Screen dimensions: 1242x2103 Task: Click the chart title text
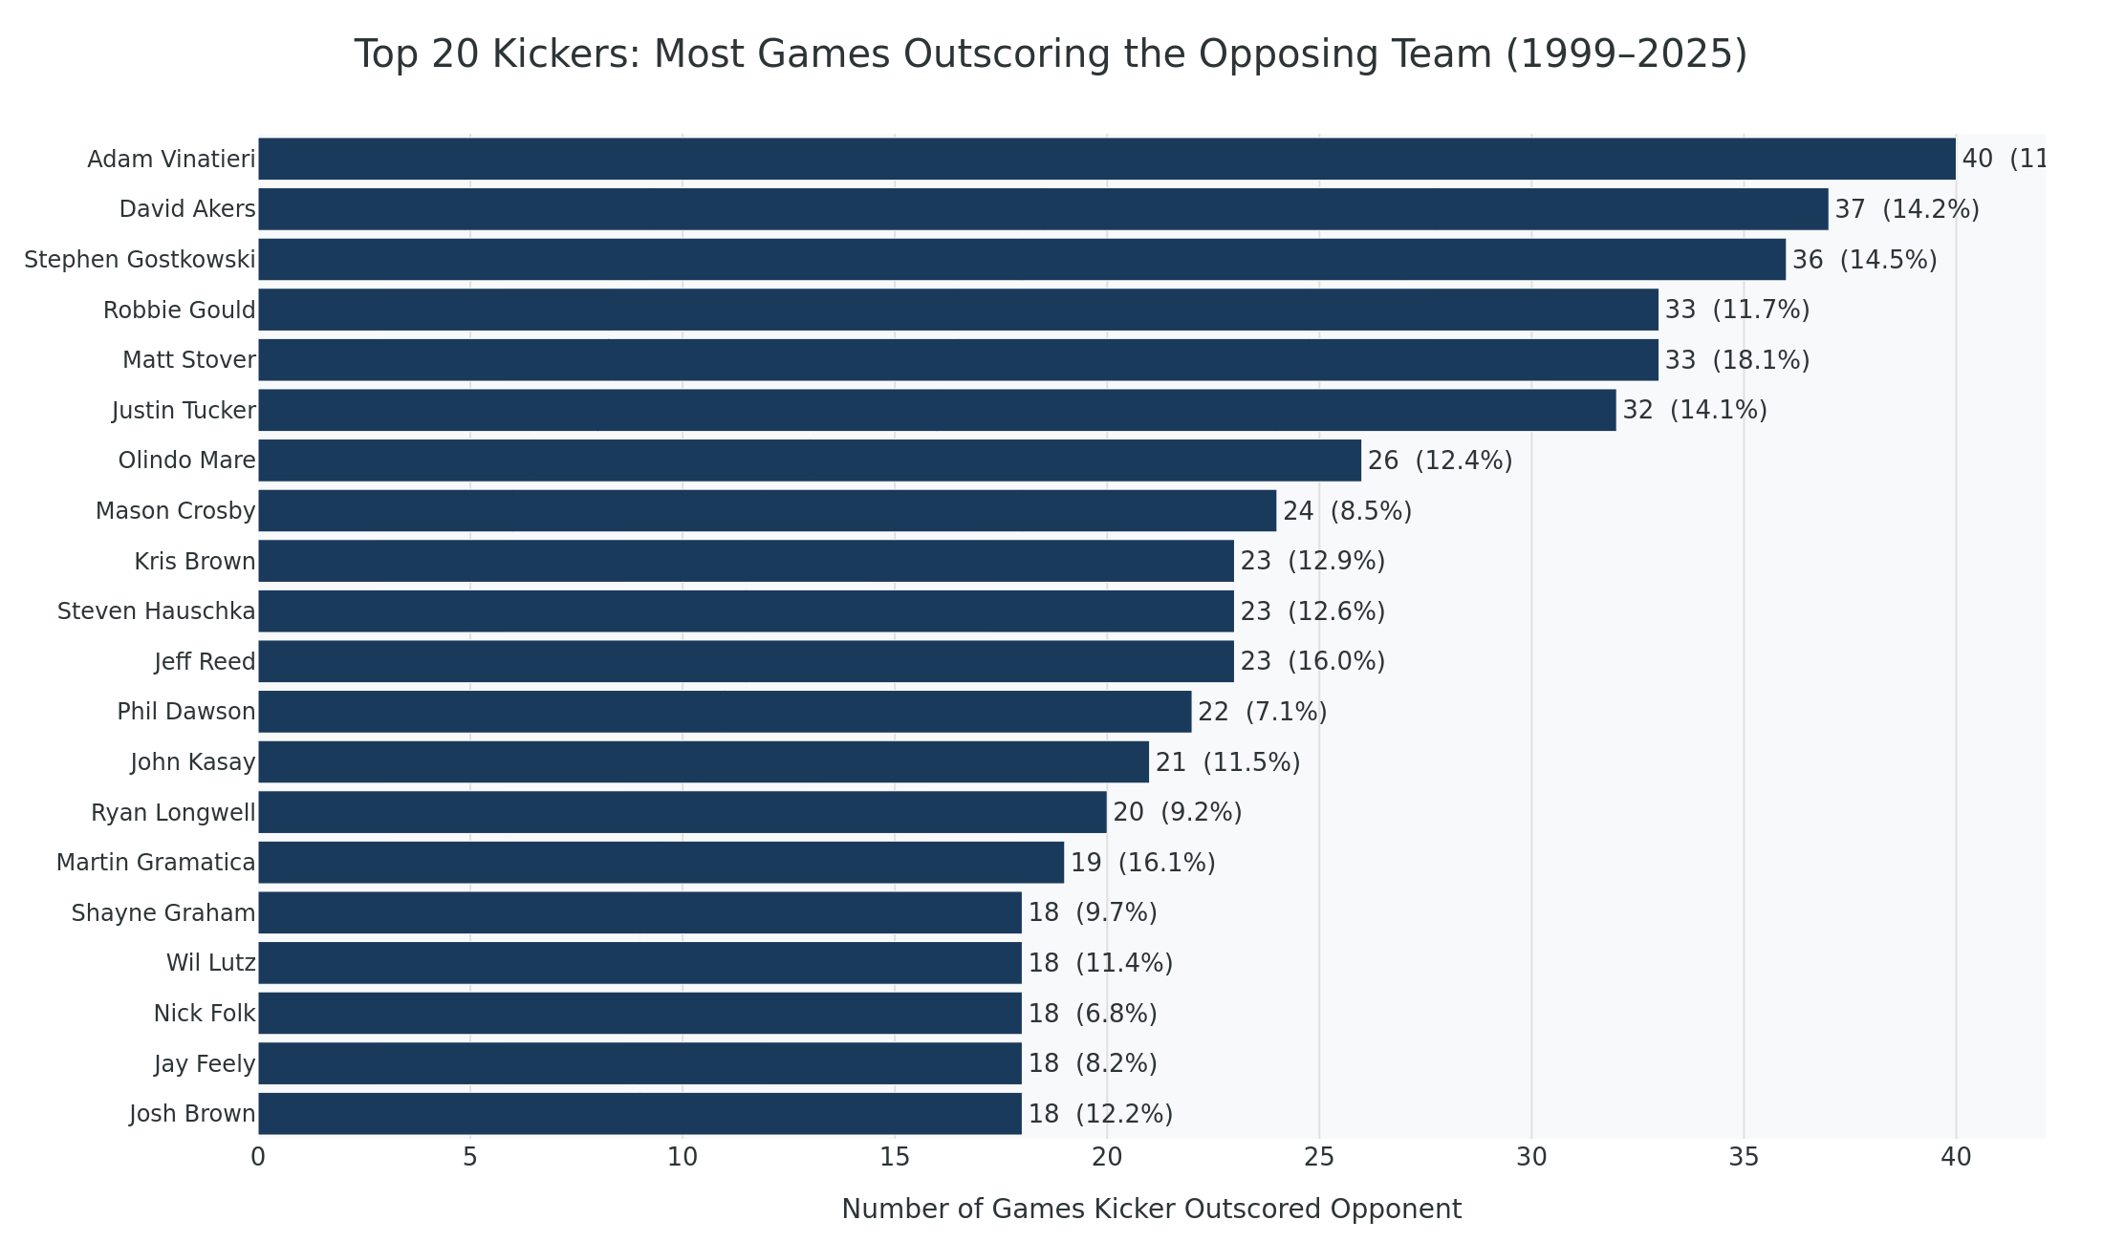point(1050,54)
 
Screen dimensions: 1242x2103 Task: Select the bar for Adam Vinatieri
point(1106,159)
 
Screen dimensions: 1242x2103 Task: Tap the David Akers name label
point(187,209)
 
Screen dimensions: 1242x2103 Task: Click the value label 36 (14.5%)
point(1863,260)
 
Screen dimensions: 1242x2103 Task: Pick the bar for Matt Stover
point(958,360)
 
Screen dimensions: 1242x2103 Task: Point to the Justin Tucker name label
point(184,411)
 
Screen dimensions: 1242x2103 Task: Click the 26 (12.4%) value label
point(1439,461)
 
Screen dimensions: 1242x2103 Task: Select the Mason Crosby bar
point(767,511)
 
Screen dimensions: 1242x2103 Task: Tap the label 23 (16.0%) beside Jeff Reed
point(1312,661)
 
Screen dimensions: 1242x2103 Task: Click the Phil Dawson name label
point(186,712)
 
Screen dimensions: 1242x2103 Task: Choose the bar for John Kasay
point(704,762)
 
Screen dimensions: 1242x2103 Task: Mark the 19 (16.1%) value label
point(1142,863)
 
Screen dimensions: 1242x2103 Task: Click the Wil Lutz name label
point(210,963)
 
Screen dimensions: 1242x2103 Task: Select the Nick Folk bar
point(640,1014)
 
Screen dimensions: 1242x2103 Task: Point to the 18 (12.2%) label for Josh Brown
point(1099,1114)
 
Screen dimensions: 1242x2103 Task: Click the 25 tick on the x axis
point(1319,1158)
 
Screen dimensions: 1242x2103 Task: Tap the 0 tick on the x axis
point(258,1158)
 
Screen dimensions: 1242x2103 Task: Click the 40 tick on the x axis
point(1956,1158)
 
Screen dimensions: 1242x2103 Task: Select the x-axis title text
point(1151,1210)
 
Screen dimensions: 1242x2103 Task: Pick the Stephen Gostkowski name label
point(140,260)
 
